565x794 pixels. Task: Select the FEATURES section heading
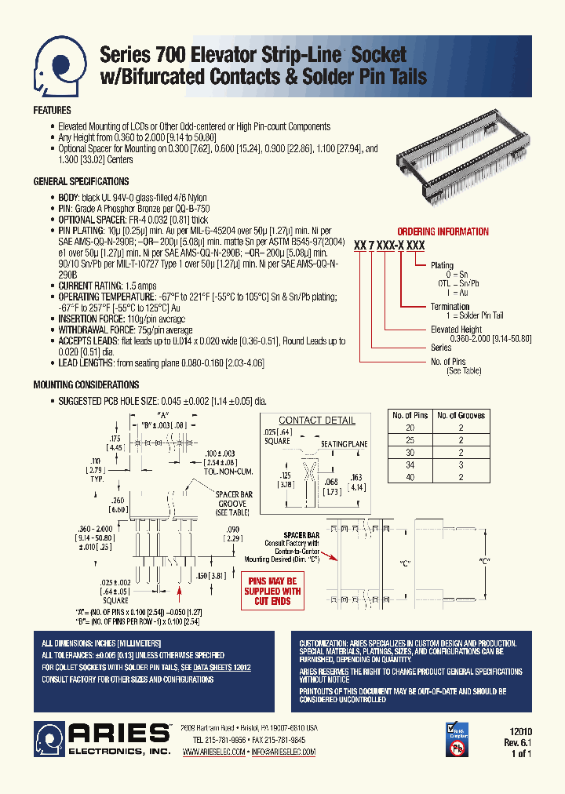click(52, 111)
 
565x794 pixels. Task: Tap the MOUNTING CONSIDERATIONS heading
click(86, 385)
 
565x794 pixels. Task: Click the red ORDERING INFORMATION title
click(443, 231)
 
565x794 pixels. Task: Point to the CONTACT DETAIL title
click(317, 421)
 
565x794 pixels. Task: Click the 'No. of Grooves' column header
click(461, 415)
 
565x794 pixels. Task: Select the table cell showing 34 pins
click(409, 465)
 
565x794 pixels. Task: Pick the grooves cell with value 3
click(461, 465)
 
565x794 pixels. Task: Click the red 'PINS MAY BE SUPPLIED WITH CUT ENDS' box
click(272, 591)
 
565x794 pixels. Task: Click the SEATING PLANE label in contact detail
click(344, 444)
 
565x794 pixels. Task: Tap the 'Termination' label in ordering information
click(450, 307)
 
